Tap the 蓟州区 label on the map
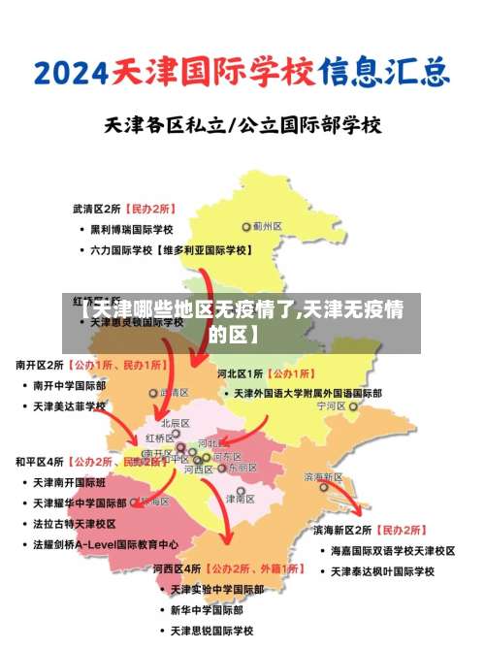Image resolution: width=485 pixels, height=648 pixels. pyautogui.click(x=267, y=226)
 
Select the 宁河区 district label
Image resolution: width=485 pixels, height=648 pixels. pyautogui.click(x=331, y=407)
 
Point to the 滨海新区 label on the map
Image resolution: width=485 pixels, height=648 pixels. pyautogui.click(x=323, y=477)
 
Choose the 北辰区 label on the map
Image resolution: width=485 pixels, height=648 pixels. pyautogui.click(x=175, y=424)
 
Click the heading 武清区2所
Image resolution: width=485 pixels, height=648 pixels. pyautogui.click(x=96, y=209)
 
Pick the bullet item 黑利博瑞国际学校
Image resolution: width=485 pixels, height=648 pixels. pyautogui.click(x=132, y=230)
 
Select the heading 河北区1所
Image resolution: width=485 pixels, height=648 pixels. pyautogui.click(x=241, y=373)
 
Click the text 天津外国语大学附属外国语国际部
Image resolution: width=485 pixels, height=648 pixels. pyautogui.click(x=307, y=394)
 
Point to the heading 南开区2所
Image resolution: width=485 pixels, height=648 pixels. pyautogui.click(x=40, y=366)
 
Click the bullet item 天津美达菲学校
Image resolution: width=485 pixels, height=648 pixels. pyautogui.click(x=70, y=405)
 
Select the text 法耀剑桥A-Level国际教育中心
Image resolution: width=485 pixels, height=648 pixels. pyautogui.click(x=106, y=544)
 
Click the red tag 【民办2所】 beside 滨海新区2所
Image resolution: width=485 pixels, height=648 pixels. pyautogui.click(x=400, y=531)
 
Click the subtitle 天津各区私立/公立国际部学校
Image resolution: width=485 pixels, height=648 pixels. pyautogui.click(x=242, y=125)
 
